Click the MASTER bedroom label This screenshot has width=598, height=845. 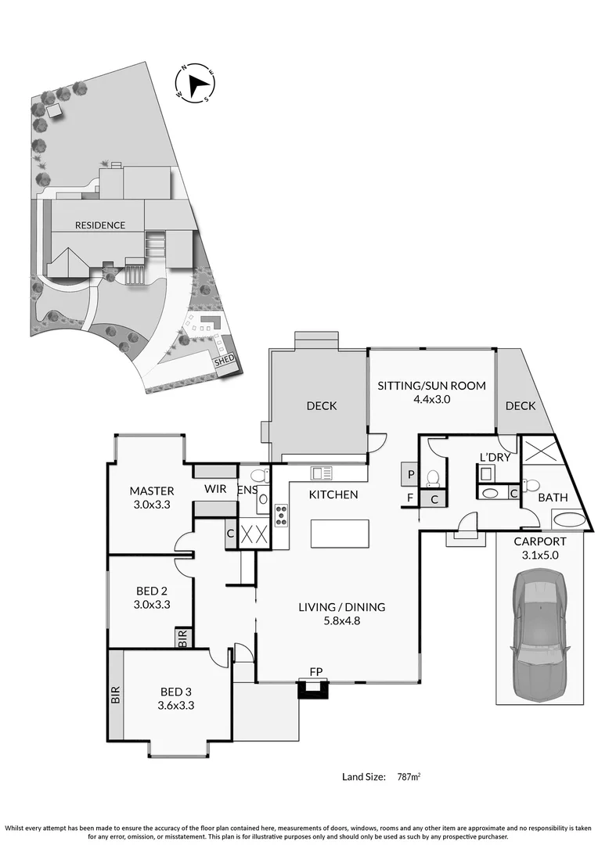tap(151, 491)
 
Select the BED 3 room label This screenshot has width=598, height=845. tap(175, 691)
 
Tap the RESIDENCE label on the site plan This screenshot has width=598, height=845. tap(99, 225)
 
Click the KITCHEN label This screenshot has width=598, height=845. tap(333, 494)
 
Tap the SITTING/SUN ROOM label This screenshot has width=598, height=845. tap(432, 386)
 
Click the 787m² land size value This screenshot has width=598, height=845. tap(405, 777)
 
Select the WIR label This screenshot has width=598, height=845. tap(215, 489)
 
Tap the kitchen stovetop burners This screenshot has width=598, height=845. tap(280, 516)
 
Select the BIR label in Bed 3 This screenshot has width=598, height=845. tap(115, 696)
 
